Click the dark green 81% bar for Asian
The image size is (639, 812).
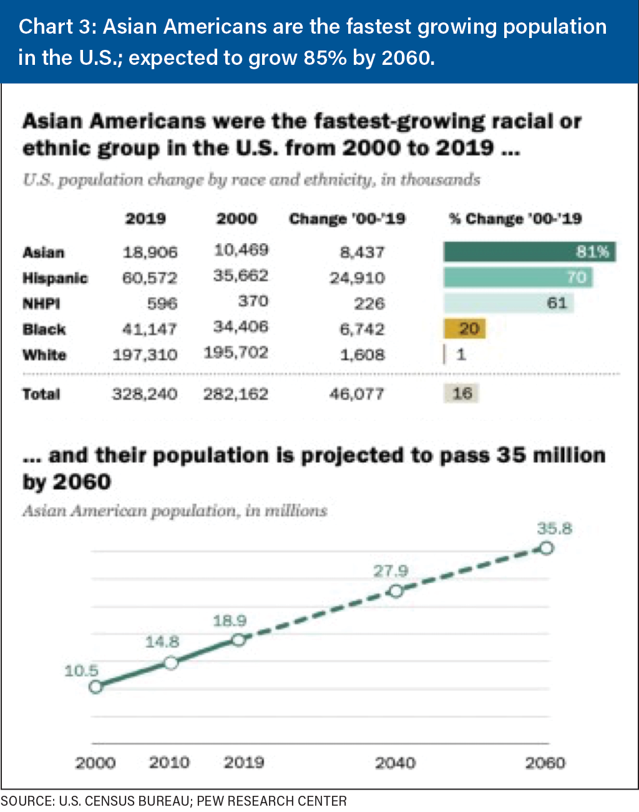tap(529, 252)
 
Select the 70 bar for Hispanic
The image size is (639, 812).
tap(517, 278)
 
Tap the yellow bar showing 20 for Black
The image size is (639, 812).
tap(464, 329)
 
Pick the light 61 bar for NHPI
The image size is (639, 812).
tap(508, 303)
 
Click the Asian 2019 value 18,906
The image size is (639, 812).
tap(150, 253)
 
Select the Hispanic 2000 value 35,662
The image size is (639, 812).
tap(240, 276)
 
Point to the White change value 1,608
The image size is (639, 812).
tap(362, 355)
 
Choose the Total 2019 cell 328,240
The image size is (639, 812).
tap(144, 394)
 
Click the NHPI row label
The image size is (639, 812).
tap(41, 304)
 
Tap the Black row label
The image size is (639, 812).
tap(44, 329)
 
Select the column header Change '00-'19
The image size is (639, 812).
tap(347, 219)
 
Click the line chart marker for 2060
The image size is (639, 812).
tap(546, 548)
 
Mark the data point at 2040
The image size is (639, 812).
tap(396, 591)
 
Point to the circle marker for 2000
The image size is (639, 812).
tap(95, 687)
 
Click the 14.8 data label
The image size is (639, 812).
tap(162, 642)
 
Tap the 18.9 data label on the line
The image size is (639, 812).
tap(230, 621)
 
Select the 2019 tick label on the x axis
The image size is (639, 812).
tap(243, 763)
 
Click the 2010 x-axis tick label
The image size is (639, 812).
tap(168, 763)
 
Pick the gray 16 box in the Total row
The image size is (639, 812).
tap(462, 394)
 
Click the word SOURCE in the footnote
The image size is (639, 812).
tap(27, 801)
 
